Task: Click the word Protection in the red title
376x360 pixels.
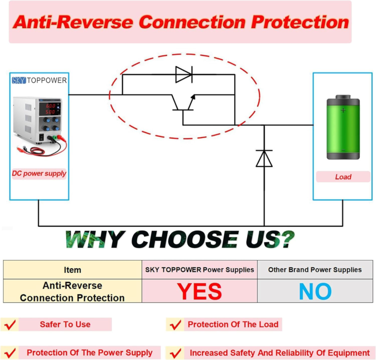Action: pos(300,22)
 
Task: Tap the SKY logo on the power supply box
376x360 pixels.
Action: pos(19,80)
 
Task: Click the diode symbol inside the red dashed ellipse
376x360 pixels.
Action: pos(184,74)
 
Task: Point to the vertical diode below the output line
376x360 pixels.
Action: pos(264,158)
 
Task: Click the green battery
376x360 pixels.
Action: pos(343,127)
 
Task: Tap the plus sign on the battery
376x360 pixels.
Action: pos(343,110)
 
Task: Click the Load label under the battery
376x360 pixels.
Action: pos(343,177)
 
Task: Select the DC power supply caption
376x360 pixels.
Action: pos(39,173)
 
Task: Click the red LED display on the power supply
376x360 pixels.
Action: pos(50,109)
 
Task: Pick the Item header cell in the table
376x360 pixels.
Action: pos(72,270)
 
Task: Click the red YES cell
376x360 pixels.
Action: pos(199,291)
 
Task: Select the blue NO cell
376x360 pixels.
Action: pos(315,291)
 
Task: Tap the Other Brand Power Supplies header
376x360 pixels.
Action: pos(315,270)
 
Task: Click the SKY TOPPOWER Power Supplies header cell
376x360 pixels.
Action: pos(199,270)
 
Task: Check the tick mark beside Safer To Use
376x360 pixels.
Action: pos(10,324)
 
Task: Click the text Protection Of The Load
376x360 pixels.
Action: pos(233,324)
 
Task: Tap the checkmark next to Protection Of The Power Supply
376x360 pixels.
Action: pos(10,353)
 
